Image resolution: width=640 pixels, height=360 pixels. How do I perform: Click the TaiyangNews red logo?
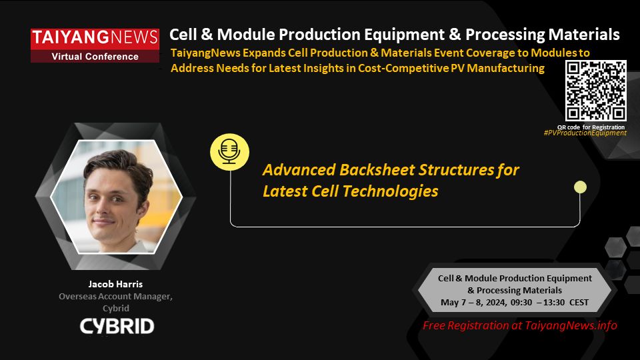coord(95,39)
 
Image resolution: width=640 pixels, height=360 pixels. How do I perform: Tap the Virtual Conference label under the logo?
coord(95,57)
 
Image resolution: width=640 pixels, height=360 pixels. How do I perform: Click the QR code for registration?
coord(595,91)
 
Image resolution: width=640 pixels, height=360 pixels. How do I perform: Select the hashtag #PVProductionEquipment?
coord(585,133)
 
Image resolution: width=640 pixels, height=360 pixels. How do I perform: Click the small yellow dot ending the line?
coord(580,187)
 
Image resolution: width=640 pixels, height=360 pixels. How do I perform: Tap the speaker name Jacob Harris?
coord(115,284)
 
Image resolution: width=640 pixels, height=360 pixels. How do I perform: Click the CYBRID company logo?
coord(117,326)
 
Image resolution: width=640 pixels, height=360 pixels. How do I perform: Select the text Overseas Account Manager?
coord(115,297)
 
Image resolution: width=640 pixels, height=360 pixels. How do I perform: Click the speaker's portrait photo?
coord(116,196)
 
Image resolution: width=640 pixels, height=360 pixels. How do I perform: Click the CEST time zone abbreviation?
coord(577,302)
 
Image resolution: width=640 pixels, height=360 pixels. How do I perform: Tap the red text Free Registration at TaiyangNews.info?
coord(520,325)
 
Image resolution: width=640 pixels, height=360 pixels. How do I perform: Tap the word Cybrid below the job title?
coord(115,309)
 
